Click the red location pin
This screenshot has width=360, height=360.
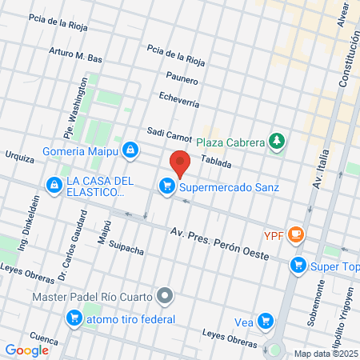pos(180,162)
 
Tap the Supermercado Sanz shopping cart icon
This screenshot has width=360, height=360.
pos(166,186)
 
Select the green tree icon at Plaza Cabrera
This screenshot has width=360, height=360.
pos(277,142)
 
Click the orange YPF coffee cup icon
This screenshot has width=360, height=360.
pos(297,234)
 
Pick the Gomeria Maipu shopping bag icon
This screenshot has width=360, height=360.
pos(130,150)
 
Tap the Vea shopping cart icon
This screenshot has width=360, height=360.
pos(265,322)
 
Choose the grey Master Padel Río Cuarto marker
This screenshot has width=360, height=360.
pos(165,296)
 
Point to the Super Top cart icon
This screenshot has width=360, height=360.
pos(298,264)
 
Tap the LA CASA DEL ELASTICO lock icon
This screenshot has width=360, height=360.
pos(54,186)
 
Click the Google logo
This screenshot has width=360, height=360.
pos(26,350)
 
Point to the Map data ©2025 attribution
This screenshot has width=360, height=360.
pos(326,354)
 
